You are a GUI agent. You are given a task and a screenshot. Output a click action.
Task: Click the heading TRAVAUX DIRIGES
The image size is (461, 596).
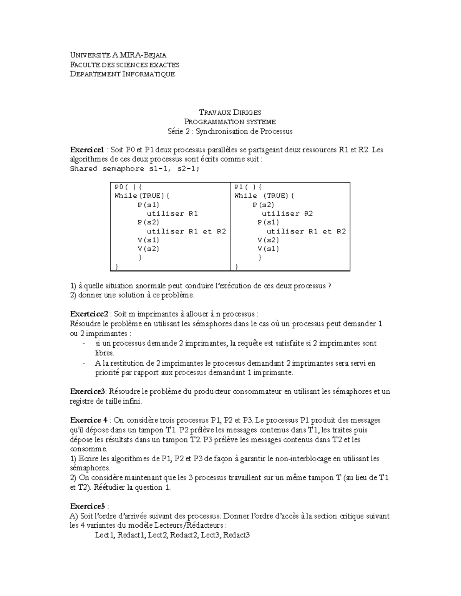tap(230, 112)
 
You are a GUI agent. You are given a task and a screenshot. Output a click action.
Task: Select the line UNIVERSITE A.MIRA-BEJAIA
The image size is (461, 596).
tap(118, 55)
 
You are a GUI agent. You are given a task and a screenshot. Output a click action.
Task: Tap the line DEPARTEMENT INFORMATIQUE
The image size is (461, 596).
tap(122, 74)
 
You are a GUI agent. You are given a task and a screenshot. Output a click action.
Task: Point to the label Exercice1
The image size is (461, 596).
tap(87, 150)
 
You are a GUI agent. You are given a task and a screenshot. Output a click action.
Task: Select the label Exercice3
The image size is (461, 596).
tap(87, 391)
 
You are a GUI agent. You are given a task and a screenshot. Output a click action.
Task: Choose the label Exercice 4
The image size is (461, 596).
tap(88, 420)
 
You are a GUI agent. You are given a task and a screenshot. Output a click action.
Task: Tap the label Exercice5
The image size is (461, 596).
tap(87, 506)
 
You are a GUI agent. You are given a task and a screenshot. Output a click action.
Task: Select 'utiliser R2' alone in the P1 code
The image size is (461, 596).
tap(287, 213)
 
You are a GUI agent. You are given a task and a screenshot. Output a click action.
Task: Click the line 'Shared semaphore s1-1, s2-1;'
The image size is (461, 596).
tap(135, 169)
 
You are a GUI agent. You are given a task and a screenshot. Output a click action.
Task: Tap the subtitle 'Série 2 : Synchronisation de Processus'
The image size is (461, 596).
tap(230, 131)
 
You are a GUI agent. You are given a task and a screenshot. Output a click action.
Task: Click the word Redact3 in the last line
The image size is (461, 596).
tap(237, 535)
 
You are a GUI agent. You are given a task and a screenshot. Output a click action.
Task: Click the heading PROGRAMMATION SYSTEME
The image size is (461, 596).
tap(230, 122)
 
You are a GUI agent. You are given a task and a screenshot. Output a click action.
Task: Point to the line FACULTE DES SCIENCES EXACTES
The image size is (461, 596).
tap(124, 65)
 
